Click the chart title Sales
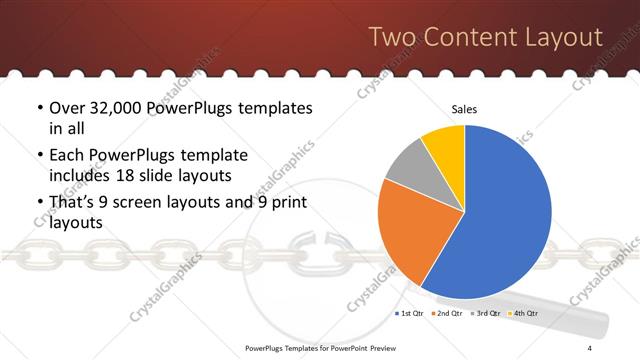[464, 109]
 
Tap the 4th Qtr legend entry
[524, 314]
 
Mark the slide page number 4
[590, 347]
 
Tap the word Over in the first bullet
[68, 109]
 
